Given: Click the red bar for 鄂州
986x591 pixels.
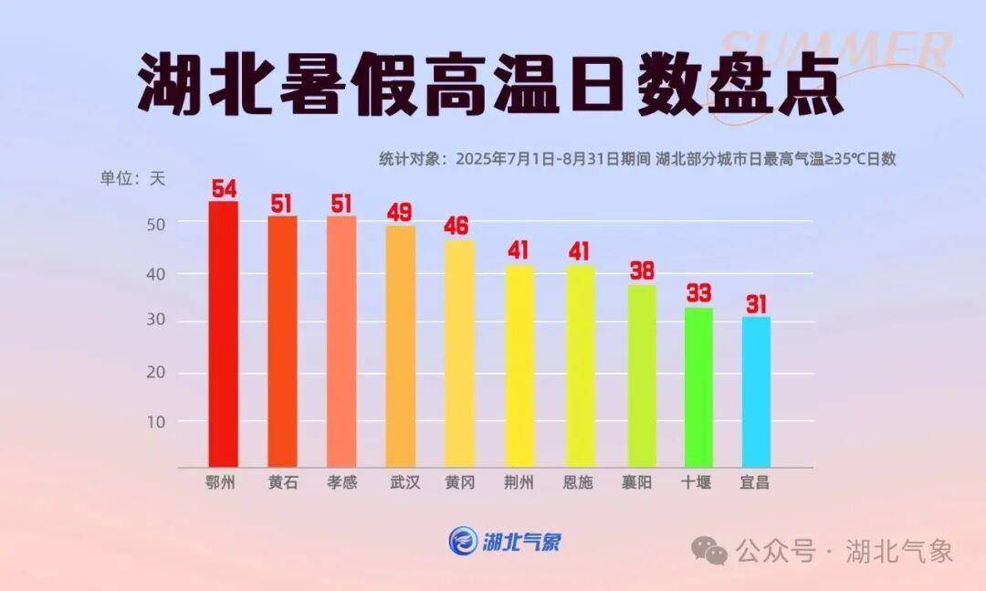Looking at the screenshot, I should coord(223,334).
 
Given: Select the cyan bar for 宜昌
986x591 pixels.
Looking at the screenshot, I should coord(756,392).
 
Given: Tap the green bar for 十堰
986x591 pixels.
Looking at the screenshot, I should coord(698,387).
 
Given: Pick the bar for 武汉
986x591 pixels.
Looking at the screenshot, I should coord(401,347).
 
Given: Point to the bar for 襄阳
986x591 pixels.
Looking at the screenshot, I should coord(641,375).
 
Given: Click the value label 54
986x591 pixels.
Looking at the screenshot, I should coord(224,189).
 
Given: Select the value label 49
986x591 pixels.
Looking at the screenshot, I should coord(400,213).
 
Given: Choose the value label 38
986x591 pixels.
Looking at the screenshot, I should coord(641,271).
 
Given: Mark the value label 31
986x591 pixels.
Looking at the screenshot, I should coord(755,303).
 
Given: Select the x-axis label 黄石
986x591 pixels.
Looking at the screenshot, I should coord(282,482).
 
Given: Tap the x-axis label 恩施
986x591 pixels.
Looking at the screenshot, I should coord(577,482).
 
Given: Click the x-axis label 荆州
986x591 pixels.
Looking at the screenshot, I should coord(519,482).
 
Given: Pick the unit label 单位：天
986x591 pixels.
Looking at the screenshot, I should coord(132,178).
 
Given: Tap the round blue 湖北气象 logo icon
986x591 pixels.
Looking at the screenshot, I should coord(463,541).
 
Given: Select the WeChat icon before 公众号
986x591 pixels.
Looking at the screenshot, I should coord(709,551).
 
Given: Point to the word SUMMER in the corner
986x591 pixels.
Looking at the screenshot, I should coord(835,50).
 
